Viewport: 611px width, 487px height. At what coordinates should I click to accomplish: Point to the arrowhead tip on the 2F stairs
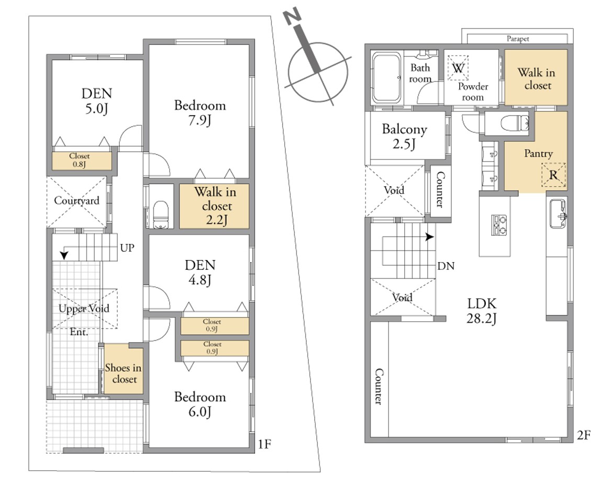[434, 236]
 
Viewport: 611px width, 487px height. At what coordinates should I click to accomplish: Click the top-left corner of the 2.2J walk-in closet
[180, 184]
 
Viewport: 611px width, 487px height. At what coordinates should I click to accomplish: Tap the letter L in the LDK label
[471, 303]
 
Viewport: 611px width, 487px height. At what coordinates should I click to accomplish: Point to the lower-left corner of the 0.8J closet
[53, 169]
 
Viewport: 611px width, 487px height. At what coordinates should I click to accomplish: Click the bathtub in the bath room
[386, 77]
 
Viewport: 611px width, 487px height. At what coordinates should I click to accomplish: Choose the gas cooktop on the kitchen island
[499, 225]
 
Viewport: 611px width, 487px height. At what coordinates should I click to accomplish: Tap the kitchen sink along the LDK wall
[558, 213]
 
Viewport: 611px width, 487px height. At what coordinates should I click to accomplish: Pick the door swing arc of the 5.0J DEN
[131, 138]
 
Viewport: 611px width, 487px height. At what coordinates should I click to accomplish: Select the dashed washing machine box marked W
[458, 67]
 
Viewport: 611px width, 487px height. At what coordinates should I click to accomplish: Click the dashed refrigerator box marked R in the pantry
[553, 175]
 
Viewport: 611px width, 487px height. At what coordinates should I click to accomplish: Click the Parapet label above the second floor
[518, 39]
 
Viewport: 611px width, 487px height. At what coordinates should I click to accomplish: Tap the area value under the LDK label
[482, 319]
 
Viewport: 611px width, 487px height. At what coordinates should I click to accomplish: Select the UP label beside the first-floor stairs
[127, 248]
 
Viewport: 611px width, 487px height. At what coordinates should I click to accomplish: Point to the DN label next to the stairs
[446, 266]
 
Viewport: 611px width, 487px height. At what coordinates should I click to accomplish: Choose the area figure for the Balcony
[404, 144]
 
